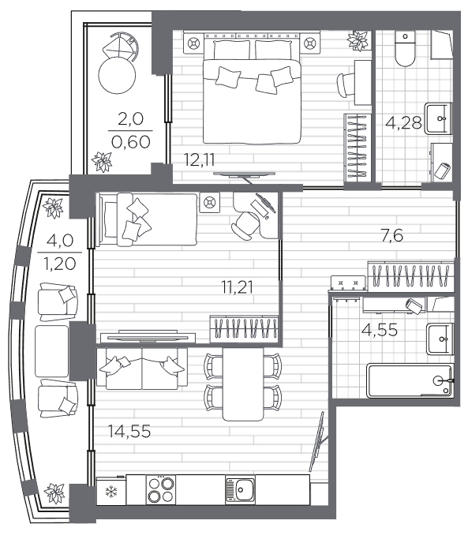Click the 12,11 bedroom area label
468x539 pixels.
[x=200, y=160]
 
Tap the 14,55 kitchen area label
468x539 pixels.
[x=129, y=431]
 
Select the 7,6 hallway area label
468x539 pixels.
[x=392, y=236]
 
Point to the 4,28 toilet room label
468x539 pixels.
[x=403, y=122]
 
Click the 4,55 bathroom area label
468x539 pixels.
[x=380, y=330]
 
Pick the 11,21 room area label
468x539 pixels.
[x=238, y=287]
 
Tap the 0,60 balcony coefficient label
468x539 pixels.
[x=131, y=141]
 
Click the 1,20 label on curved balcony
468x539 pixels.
[x=60, y=264]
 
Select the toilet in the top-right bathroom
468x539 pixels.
[x=405, y=49]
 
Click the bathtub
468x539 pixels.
[x=410, y=381]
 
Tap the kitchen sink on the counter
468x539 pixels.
[x=241, y=490]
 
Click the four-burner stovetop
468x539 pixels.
[x=160, y=490]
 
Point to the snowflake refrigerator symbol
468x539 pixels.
[x=111, y=492]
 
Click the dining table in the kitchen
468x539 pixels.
[x=243, y=384]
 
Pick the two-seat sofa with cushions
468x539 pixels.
[x=142, y=369]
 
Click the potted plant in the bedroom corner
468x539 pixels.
[x=358, y=41]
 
